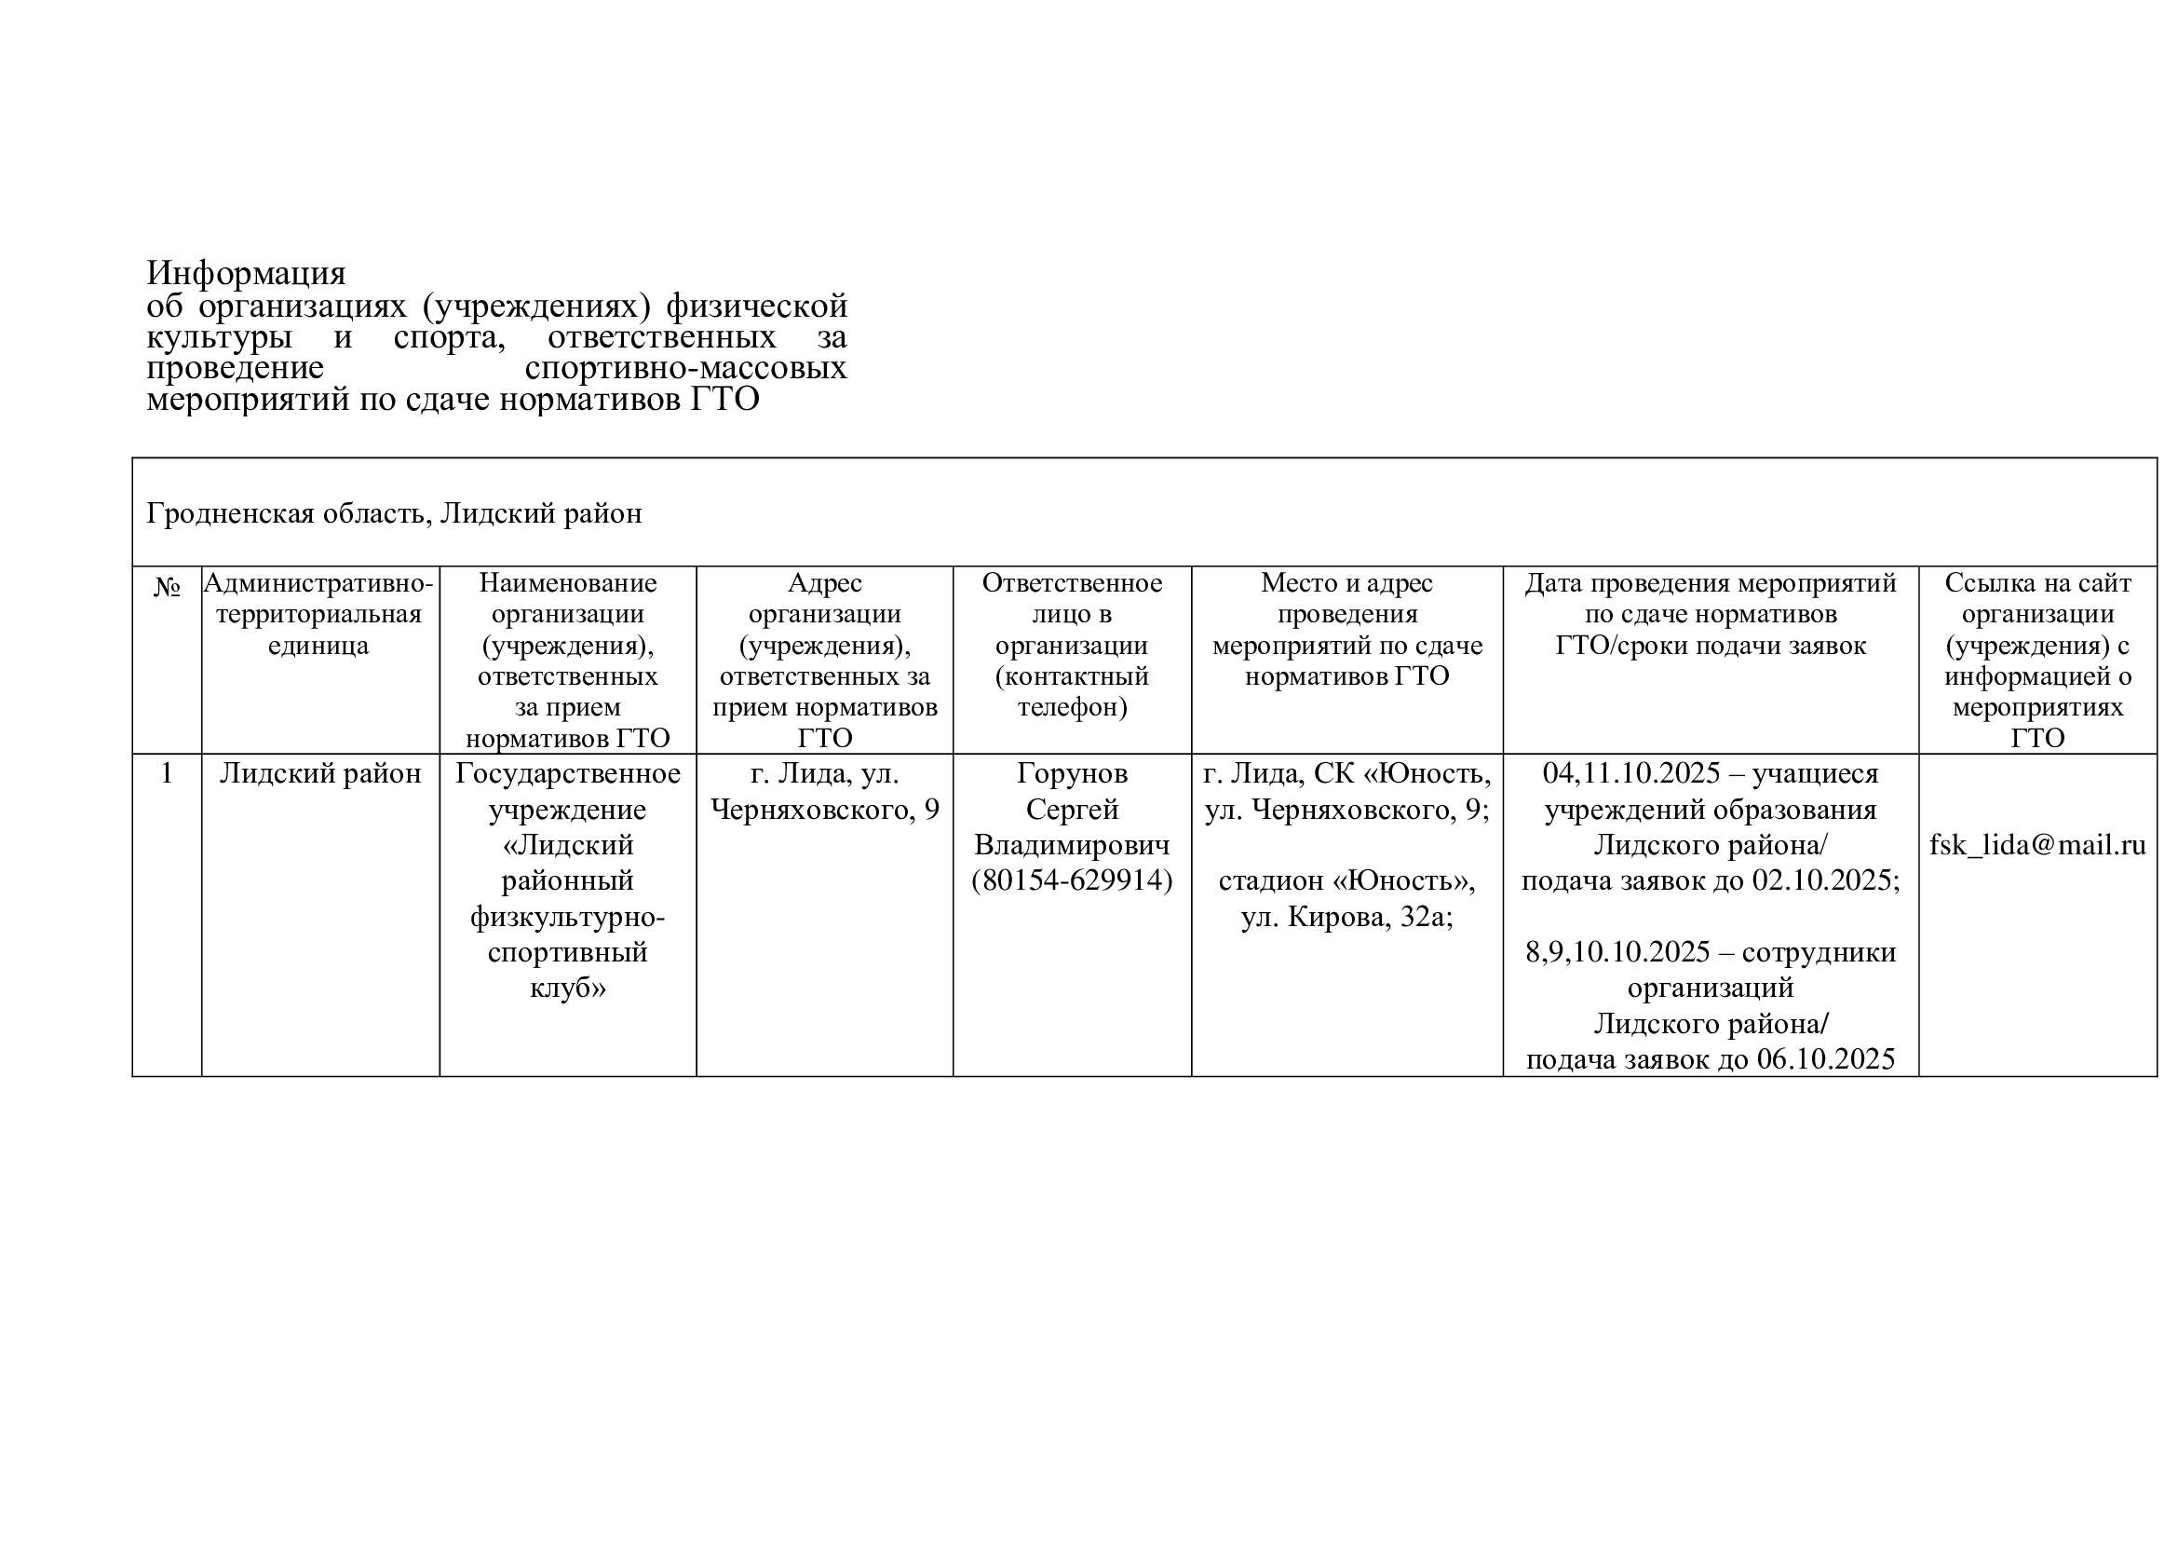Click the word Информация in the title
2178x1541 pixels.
(246, 273)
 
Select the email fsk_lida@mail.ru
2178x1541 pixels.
(2036, 844)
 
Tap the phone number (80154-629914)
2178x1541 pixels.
(1072, 880)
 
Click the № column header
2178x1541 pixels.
(167, 587)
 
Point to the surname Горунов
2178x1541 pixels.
(1072, 773)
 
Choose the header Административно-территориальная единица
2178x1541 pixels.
(318, 613)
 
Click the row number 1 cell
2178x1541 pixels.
(167, 773)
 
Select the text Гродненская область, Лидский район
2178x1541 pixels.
(394, 513)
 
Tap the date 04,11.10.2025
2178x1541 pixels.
(1630, 773)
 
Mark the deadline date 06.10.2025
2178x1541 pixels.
(1825, 1059)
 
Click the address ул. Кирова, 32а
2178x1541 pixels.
(1347, 918)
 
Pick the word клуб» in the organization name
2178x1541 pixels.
(567, 988)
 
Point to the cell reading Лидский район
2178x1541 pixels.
(320, 773)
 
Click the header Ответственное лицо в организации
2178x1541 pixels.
(1072, 613)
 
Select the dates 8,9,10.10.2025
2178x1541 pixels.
(1617, 952)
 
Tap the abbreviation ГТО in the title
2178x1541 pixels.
(724, 400)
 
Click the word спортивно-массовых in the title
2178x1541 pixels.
(685, 367)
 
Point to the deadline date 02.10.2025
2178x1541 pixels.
(1824, 880)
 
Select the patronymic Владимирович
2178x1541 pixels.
(1072, 844)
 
